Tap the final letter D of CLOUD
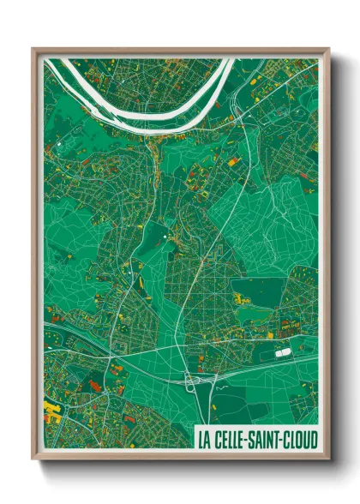pos(315,440)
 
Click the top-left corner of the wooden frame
pos(33,49)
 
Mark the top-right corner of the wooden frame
pos(328,49)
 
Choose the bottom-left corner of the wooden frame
pos(33,461)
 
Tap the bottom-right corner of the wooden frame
pos(328,461)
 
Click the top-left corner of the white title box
pos(195,428)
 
